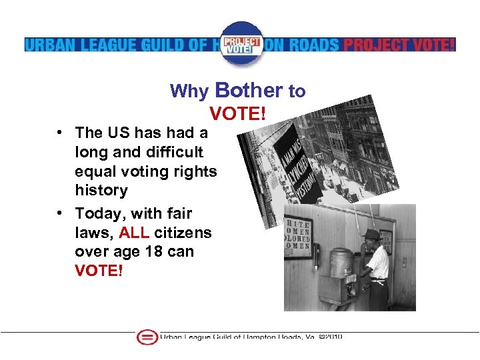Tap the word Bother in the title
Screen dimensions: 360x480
coord(249,90)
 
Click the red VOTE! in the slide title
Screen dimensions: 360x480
coord(237,114)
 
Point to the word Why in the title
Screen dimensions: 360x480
coord(190,91)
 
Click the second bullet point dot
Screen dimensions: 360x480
coord(59,213)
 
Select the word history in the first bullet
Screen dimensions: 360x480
coord(101,190)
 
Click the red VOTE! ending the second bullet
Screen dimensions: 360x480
coord(99,271)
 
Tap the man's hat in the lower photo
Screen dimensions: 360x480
coord(371,234)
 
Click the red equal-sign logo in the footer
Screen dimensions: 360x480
coord(146,337)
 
